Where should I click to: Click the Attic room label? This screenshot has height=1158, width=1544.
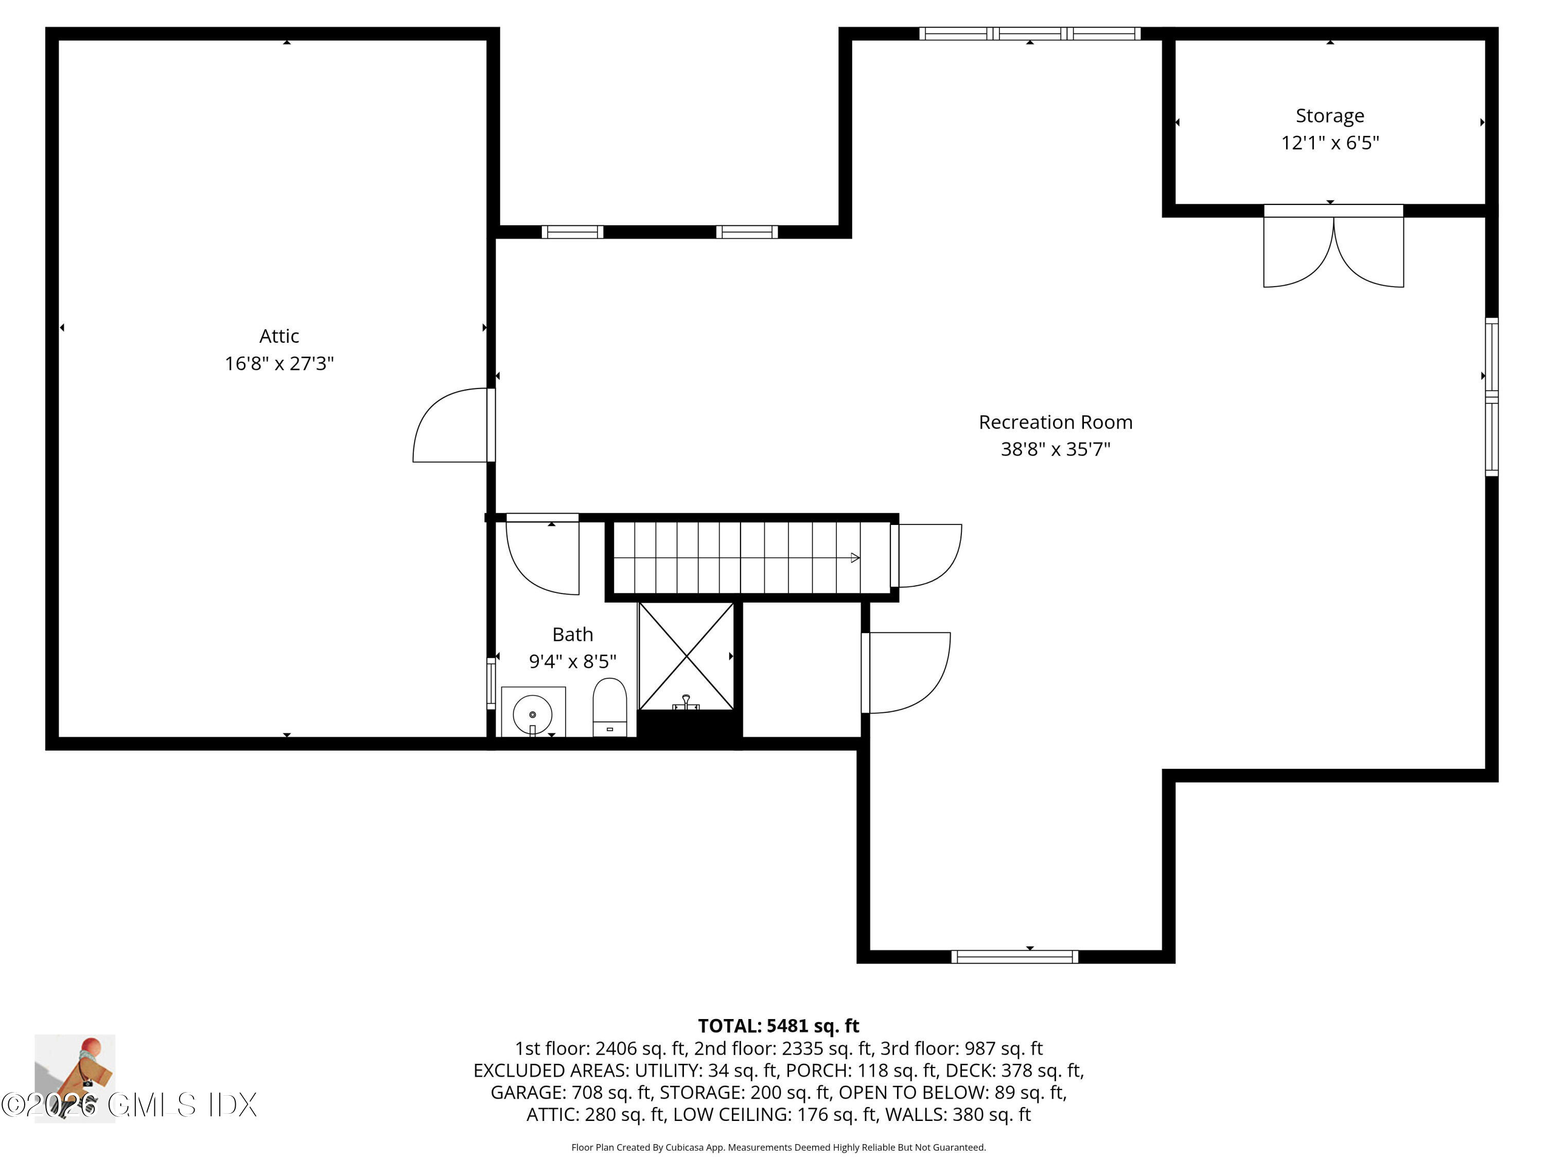pyautogui.click(x=279, y=337)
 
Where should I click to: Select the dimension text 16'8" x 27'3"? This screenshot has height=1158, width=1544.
pyautogui.click(x=279, y=364)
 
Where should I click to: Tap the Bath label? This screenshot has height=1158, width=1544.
pyautogui.click(x=572, y=635)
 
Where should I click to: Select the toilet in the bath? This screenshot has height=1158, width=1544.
pyautogui.click(x=609, y=707)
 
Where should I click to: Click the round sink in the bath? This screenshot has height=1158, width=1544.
pyautogui.click(x=533, y=714)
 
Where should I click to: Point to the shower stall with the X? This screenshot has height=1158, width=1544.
pyautogui.click(x=686, y=656)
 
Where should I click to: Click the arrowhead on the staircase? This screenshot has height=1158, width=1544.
pyautogui.click(x=854, y=558)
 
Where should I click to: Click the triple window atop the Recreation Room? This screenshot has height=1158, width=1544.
pyautogui.click(x=1029, y=33)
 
